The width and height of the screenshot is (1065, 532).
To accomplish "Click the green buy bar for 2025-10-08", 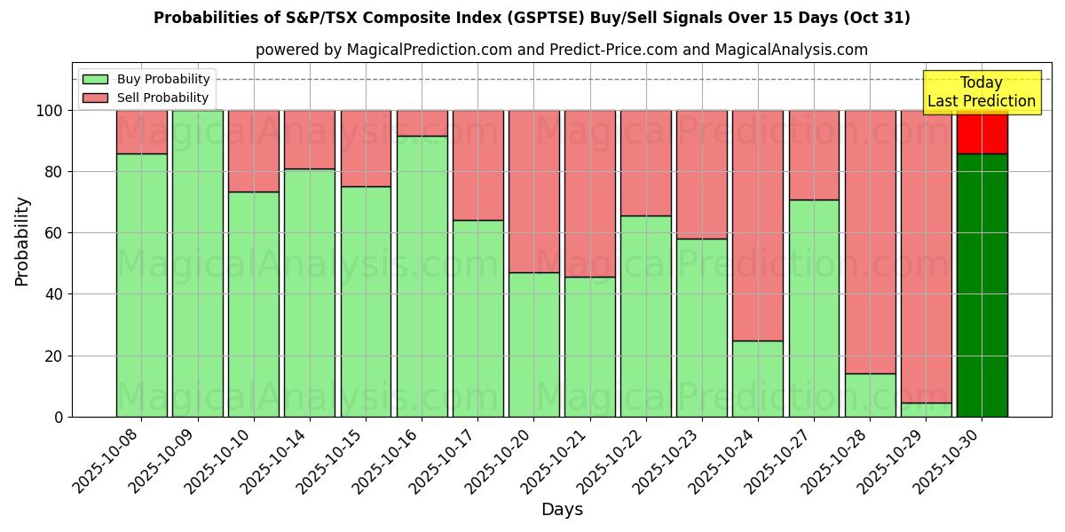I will click(x=141, y=285).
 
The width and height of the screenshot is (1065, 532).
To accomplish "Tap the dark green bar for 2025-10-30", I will click(x=982, y=285).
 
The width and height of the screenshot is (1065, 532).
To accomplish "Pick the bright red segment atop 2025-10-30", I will click(x=982, y=132).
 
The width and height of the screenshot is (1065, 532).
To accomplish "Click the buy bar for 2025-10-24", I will click(x=758, y=379).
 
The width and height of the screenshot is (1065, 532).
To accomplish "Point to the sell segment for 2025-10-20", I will click(x=533, y=191).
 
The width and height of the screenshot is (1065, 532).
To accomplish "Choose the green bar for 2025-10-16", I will click(x=422, y=276).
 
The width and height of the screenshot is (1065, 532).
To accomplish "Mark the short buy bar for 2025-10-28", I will click(x=870, y=395).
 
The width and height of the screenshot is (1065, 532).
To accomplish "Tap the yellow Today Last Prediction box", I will click(x=981, y=92).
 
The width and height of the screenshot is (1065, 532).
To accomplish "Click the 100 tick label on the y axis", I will click(x=50, y=111).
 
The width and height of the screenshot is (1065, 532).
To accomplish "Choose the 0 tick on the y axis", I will click(x=59, y=417).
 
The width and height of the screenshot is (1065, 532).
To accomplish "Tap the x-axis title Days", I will click(x=562, y=510).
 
